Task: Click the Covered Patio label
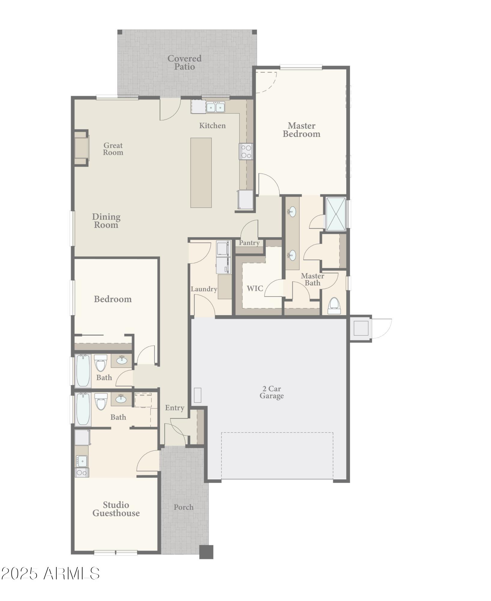[x=184, y=63]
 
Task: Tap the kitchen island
[x=201, y=172]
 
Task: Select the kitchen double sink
[x=215, y=107]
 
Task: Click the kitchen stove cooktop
[x=246, y=151]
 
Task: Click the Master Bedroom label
[x=301, y=130]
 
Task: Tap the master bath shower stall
[x=336, y=214]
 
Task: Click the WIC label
[x=255, y=288]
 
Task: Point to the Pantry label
[x=249, y=243]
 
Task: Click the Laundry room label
[x=204, y=289]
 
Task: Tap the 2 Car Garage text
[x=271, y=392]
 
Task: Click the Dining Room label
[x=106, y=221]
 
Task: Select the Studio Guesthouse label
[x=116, y=509]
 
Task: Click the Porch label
[x=183, y=507]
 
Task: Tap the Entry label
[x=174, y=408]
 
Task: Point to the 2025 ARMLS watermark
[x=50, y=573]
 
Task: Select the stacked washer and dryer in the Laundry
[x=223, y=257]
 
